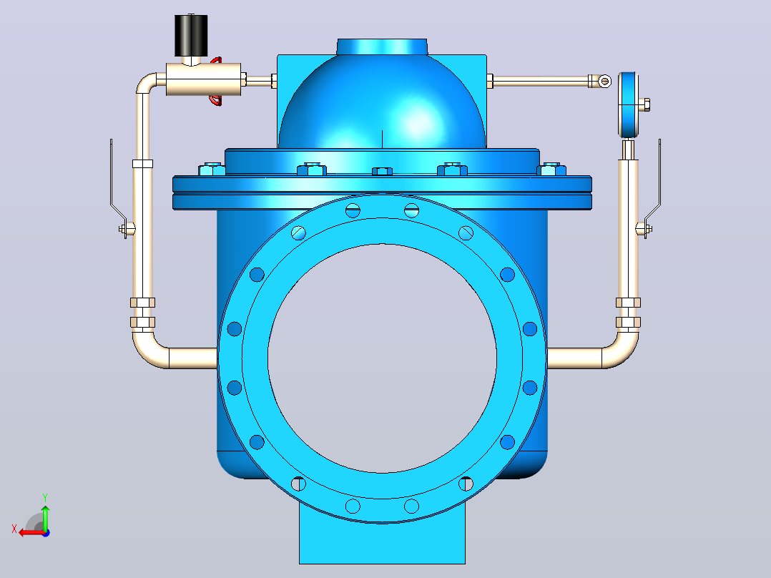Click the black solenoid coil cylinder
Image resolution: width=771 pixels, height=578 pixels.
191,36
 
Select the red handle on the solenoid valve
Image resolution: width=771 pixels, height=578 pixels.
216,81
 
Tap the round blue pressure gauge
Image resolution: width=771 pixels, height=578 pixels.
628,104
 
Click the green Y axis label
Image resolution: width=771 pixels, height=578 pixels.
45,497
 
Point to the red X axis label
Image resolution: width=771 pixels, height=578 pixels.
14,529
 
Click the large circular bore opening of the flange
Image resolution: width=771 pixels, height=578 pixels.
382,358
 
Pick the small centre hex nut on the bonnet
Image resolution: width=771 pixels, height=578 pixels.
382,171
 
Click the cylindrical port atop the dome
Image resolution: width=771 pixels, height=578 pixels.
382,46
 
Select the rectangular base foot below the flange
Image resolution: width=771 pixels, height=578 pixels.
382,540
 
